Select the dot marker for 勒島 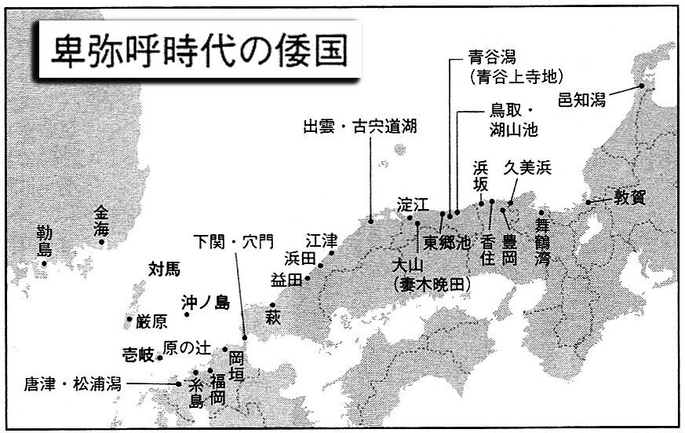44,263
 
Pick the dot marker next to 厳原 129,319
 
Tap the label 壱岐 139,353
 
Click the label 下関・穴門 233,240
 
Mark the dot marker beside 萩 272,305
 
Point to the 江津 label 322,240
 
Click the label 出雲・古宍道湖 360,127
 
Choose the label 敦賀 629,197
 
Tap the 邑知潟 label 581,99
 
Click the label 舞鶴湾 542,244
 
